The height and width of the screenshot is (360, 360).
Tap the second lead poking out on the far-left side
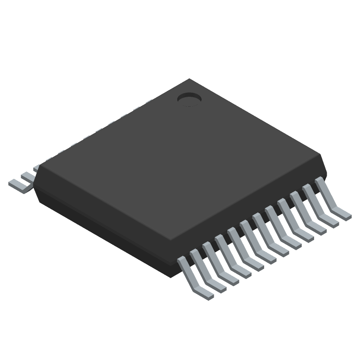(x=30, y=175)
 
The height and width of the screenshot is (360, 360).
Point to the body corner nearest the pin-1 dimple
(x=189, y=80)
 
